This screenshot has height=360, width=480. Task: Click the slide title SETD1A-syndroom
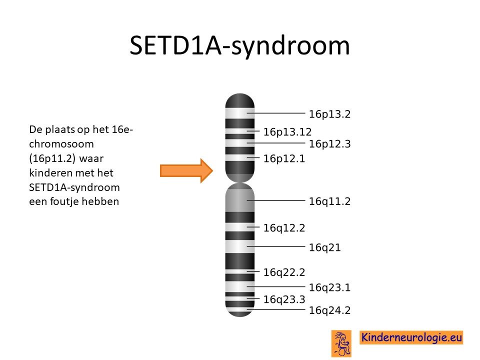(239, 46)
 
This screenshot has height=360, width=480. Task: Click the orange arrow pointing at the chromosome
(186, 170)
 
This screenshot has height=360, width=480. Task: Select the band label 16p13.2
(329, 114)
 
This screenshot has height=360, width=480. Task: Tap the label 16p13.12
(287, 132)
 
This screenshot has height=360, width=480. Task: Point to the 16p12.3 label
(329, 144)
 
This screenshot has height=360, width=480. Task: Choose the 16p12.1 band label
(284, 158)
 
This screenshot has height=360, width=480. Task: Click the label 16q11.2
(329, 201)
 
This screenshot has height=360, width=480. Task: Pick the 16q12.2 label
(284, 228)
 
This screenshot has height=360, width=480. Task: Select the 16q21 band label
(325, 247)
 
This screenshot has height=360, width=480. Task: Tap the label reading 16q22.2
(284, 272)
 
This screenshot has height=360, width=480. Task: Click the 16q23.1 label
(329, 287)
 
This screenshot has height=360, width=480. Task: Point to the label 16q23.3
(284, 299)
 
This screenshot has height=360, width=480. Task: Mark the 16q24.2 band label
(329, 310)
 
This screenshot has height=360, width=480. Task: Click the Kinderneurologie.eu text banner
(411, 337)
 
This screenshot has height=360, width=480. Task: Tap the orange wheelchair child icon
(341, 343)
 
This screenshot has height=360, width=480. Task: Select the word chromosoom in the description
(61, 144)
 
